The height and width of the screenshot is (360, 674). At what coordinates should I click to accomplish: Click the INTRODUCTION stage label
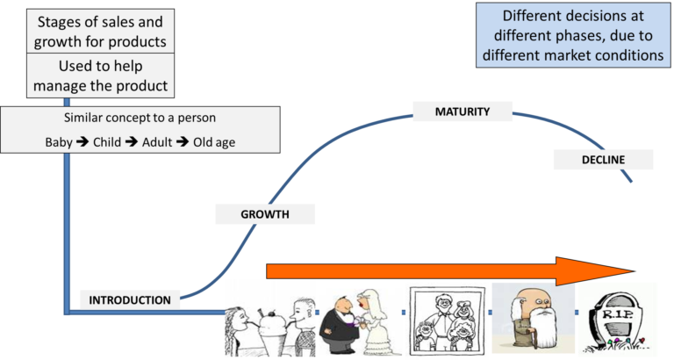130,300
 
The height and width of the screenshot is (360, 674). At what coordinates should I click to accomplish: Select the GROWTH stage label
265,214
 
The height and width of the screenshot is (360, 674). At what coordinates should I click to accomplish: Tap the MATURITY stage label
462,112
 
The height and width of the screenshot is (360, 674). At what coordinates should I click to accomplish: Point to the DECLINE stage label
603,160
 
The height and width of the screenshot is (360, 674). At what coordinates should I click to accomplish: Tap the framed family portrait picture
447,320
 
